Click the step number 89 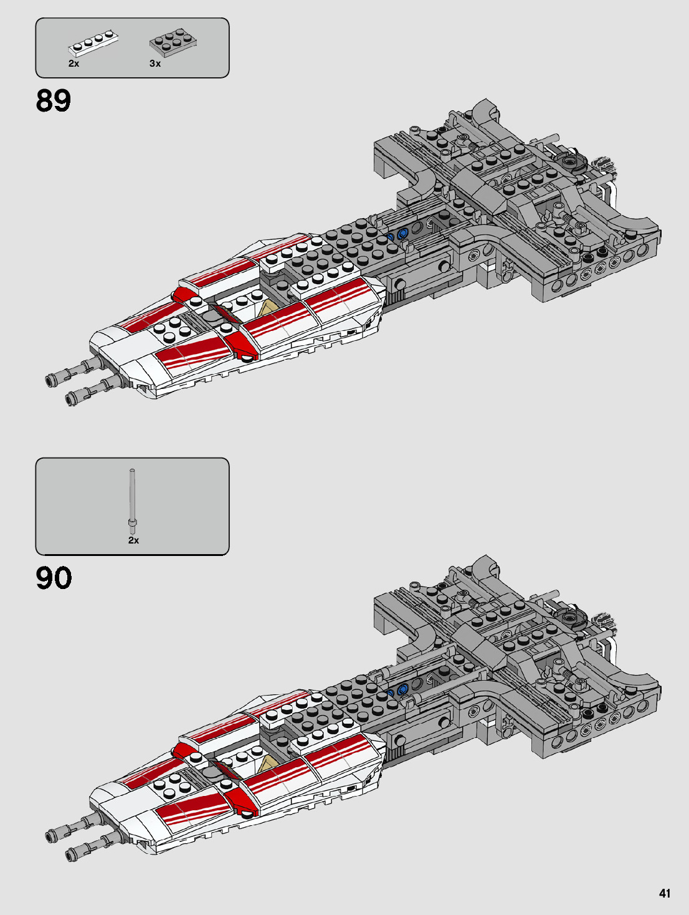54,100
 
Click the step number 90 54,578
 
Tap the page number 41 665,893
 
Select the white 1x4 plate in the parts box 93,43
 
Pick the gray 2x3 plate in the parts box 174,41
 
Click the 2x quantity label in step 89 74,64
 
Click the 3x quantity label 155,64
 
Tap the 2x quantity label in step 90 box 133,540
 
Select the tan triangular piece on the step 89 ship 269,309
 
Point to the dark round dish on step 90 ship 572,618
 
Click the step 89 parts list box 132,47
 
